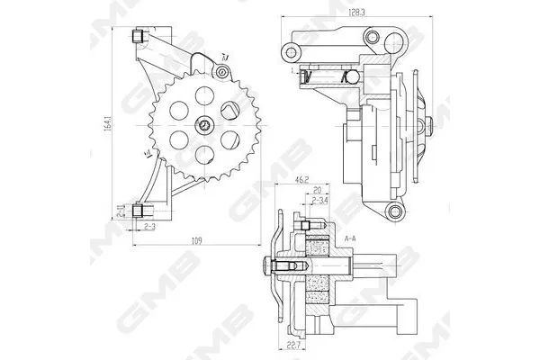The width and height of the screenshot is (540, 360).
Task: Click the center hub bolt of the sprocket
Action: coord(205,126)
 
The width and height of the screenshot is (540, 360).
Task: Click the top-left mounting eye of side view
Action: coord(291,47)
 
